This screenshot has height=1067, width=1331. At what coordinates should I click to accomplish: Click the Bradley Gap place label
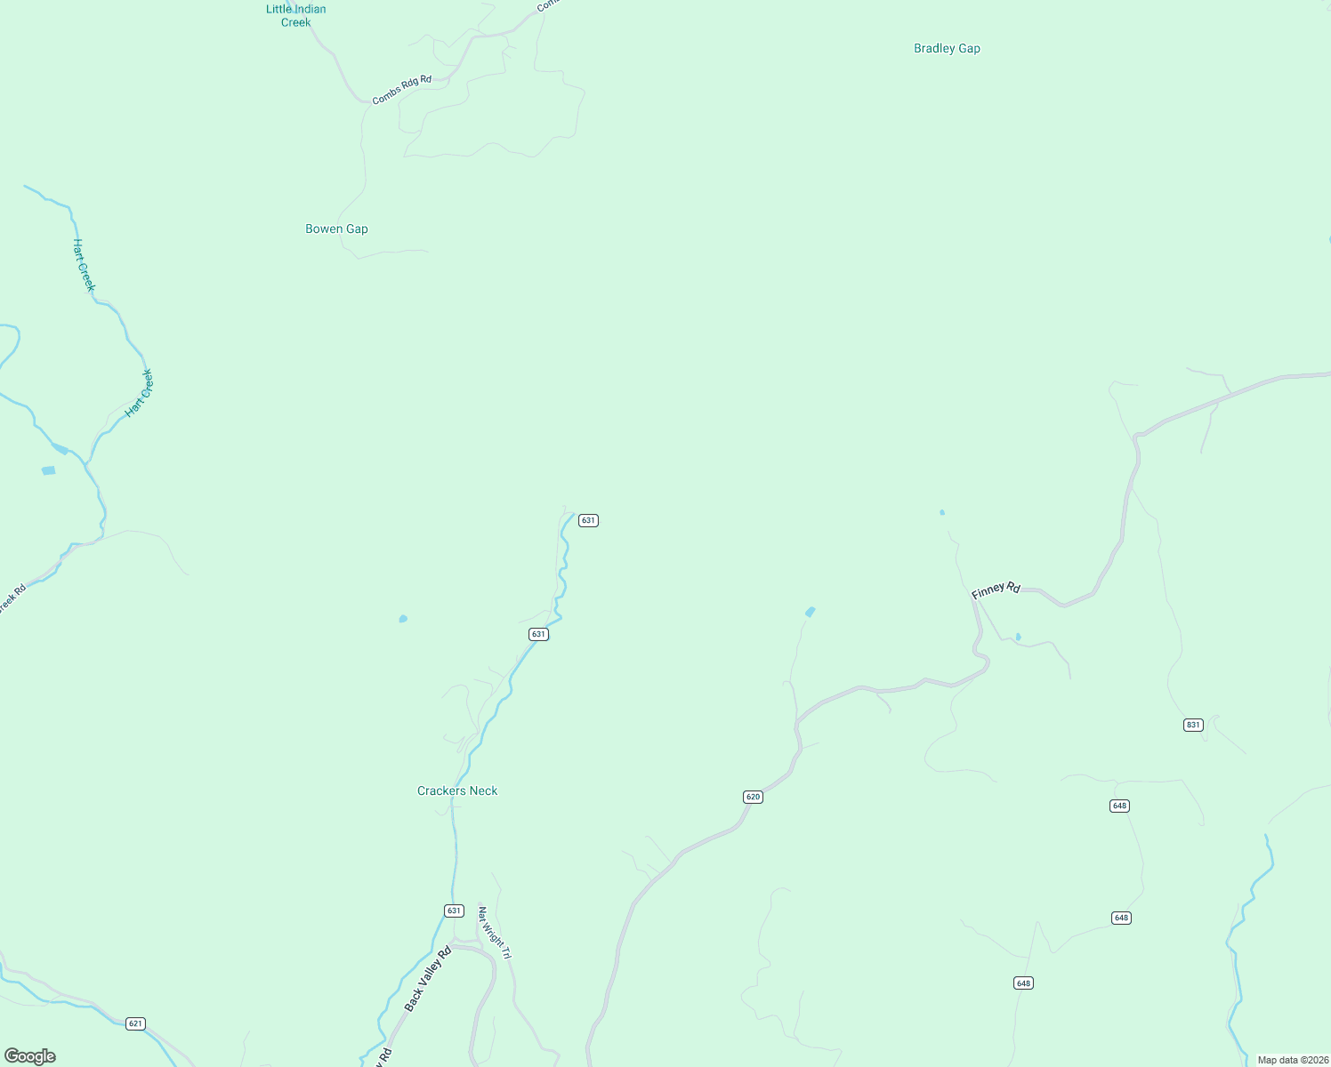(x=947, y=49)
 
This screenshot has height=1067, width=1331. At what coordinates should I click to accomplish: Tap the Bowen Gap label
(x=336, y=229)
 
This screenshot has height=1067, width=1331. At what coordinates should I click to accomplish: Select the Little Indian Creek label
(x=296, y=16)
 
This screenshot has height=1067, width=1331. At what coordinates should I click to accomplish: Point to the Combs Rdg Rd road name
(x=401, y=91)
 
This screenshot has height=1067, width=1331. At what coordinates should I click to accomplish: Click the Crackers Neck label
(x=457, y=791)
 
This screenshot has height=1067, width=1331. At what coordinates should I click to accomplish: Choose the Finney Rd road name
(x=996, y=590)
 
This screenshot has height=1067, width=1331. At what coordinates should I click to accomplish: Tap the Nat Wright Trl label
(x=495, y=933)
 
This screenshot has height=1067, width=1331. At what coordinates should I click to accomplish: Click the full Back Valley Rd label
(x=428, y=979)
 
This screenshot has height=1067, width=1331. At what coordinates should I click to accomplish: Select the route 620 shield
(x=753, y=797)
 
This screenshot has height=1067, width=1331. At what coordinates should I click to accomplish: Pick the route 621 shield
(x=134, y=1023)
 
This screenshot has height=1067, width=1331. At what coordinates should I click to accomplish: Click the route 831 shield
(x=1193, y=725)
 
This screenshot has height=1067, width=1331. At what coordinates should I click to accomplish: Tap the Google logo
(x=30, y=1056)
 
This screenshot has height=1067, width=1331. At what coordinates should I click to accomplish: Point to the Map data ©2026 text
(x=1293, y=1060)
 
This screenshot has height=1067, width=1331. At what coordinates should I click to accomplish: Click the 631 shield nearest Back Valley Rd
(x=454, y=911)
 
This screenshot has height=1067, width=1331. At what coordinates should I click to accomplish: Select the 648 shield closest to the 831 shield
(x=1119, y=806)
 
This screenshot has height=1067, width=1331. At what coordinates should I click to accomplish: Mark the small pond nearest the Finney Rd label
(x=1018, y=637)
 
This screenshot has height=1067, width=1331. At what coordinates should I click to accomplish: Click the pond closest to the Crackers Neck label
(x=403, y=619)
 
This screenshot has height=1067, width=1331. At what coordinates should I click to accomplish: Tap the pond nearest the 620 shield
(x=810, y=612)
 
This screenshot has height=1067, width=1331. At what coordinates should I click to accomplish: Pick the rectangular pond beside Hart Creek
(x=48, y=470)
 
